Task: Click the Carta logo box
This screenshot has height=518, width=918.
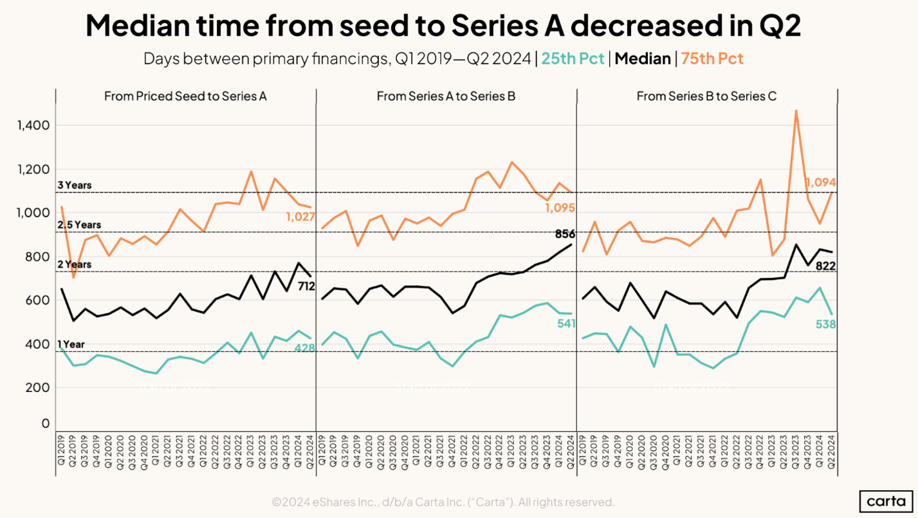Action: (x=886, y=501)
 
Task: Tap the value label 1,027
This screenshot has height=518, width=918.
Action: (x=300, y=217)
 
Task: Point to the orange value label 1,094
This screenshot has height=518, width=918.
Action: (x=820, y=183)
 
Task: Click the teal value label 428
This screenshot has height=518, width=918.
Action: (x=304, y=348)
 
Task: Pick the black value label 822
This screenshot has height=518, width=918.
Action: (x=825, y=266)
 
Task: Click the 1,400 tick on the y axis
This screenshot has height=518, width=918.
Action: (x=32, y=125)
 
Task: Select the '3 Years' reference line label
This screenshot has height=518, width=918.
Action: (x=75, y=185)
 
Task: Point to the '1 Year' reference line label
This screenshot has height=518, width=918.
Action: (x=71, y=344)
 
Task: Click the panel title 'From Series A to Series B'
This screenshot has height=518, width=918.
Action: (x=446, y=97)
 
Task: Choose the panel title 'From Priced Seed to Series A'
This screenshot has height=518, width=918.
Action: (x=185, y=97)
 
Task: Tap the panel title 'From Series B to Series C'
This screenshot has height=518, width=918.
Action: (x=706, y=97)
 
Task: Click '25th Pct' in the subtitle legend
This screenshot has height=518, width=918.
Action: (x=573, y=59)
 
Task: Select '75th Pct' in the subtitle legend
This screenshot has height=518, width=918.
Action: (x=712, y=59)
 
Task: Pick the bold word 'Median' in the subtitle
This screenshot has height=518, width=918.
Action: (x=642, y=59)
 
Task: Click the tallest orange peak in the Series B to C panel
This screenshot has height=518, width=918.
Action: (x=796, y=111)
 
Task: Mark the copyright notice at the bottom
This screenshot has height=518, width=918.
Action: (x=443, y=501)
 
